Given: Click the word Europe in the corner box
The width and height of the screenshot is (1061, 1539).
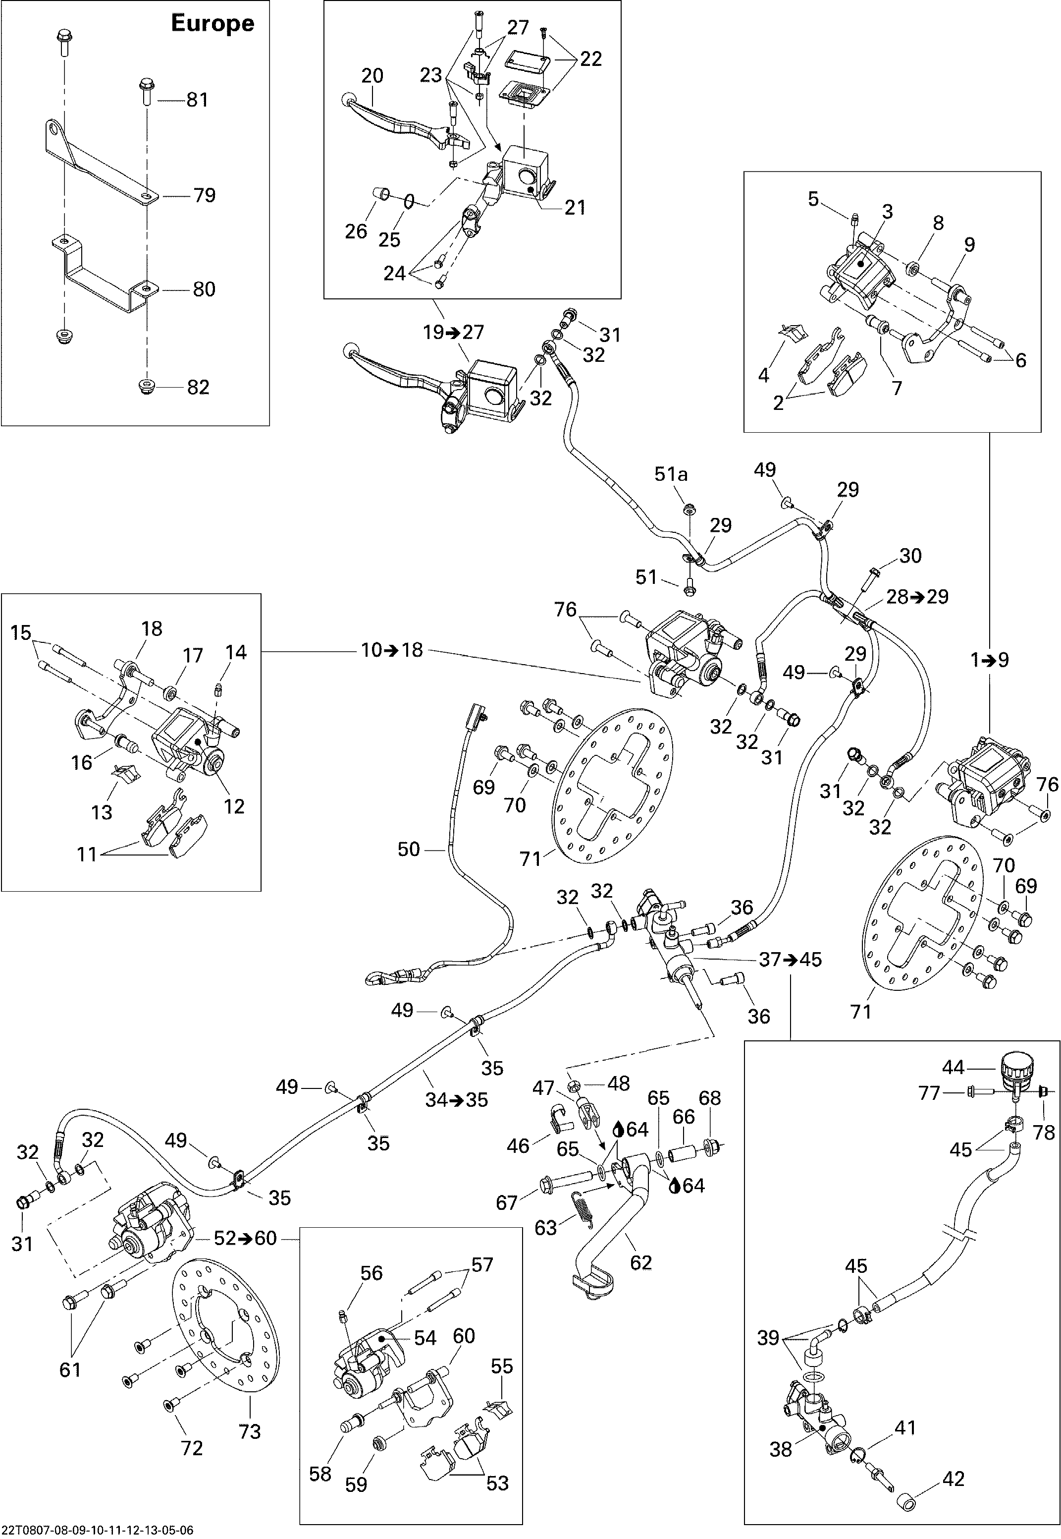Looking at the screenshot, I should [x=212, y=23].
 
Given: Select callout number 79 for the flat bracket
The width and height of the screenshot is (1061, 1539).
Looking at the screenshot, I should [x=204, y=195].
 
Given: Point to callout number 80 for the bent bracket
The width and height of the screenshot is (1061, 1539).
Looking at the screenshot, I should [x=204, y=289].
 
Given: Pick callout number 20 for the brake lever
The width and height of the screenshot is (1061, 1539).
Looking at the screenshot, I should [x=372, y=76].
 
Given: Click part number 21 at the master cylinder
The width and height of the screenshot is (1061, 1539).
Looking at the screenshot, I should [x=575, y=208].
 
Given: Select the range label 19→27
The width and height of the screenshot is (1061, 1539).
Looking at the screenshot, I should [x=454, y=332].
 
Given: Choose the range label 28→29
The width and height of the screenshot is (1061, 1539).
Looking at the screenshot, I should [x=917, y=597].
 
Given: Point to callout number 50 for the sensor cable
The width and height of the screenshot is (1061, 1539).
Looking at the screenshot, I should [x=409, y=850].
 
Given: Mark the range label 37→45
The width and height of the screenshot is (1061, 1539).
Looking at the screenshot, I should [x=791, y=960].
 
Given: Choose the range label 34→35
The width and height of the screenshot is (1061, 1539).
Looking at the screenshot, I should [x=457, y=1099].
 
